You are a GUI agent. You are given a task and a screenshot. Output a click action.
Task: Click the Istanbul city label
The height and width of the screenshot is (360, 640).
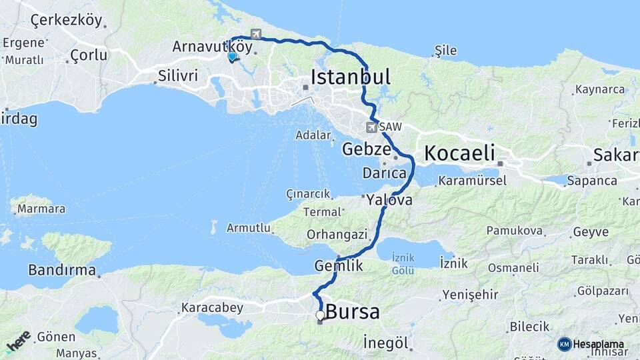[351, 77]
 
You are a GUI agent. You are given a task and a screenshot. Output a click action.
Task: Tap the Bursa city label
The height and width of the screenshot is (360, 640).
[353, 311]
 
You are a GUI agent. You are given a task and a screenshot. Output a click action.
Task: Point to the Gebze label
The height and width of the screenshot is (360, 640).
[366, 149]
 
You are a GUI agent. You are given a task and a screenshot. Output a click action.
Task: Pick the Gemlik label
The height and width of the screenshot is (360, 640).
[339, 265]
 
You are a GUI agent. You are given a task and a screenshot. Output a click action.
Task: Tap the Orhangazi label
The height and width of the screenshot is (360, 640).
[337, 234]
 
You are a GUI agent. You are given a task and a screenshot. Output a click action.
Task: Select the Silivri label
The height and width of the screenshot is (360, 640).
[178, 76]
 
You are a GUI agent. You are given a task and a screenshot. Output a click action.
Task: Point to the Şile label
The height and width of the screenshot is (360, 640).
[445, 50]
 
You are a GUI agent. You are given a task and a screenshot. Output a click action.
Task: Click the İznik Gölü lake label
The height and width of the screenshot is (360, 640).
[404, 263]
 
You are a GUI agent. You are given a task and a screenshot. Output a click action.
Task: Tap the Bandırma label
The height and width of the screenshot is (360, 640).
[62, 270]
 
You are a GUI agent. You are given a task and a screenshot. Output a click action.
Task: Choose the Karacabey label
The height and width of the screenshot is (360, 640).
[211, 308]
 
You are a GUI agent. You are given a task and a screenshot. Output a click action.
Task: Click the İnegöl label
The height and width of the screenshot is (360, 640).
[386, 343]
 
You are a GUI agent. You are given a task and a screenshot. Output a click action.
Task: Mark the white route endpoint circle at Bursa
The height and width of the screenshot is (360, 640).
[320, 315]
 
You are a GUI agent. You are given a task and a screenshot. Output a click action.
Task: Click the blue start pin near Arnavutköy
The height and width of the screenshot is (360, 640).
[231, 57]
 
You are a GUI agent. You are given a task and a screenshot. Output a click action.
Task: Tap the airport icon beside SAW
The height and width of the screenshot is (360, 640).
[371, 127]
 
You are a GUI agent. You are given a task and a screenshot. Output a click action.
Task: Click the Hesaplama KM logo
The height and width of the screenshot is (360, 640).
[591, 344]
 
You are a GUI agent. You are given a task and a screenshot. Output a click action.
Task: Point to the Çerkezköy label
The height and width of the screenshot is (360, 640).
[67, 20]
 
